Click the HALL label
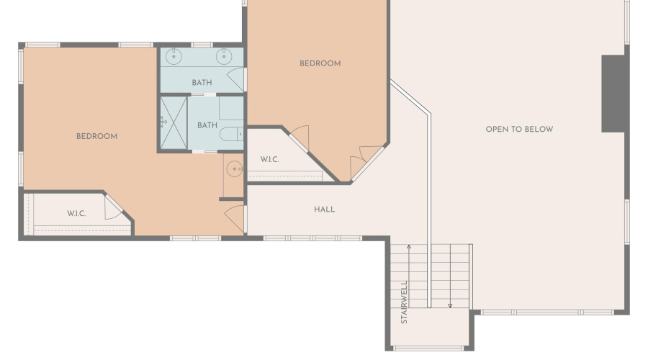pos(325,210)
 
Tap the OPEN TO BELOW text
pos(519,130)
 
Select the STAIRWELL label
pos(404,302)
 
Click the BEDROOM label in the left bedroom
pos(96,136)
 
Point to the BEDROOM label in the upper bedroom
pos(320,63)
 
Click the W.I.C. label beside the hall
pos(269,160)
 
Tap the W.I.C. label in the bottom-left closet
pos(76,214)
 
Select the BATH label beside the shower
pos(207,125)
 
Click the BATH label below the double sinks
pos(202,83)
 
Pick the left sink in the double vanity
pos(174,57)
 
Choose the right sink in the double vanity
pos(224,57)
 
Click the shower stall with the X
pos(174,122)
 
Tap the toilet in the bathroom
pos(231,134)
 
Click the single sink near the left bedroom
pos(234,169)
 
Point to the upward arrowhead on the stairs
pos(409,247)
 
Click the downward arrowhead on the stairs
pos(450,306)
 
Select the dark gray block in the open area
pos(613,94)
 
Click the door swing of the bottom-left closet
pos(112,207)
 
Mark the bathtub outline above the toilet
pos(231,108)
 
